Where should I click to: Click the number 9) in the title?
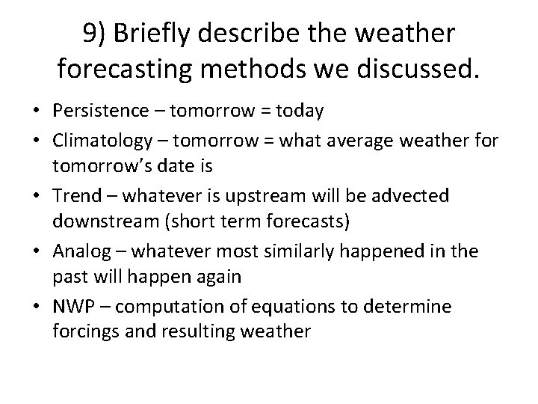[x=96, y=35]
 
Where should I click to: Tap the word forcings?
[x=84, y=332]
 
